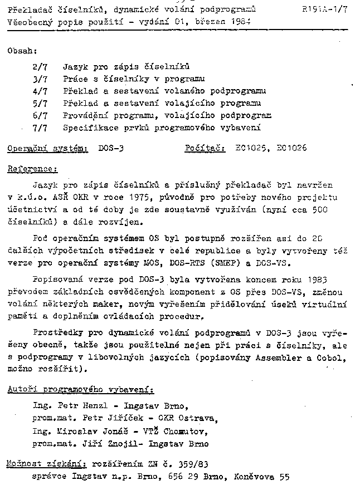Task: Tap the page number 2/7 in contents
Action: tap(40, 66)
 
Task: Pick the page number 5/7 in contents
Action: tap(40, 103)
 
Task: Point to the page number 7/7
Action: tap(40, 128)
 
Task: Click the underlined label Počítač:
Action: tap(205, 149)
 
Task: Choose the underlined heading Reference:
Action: tap(33, 169)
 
